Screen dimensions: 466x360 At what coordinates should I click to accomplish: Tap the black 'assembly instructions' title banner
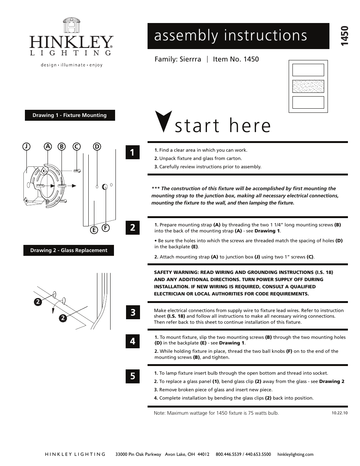click(238, 36)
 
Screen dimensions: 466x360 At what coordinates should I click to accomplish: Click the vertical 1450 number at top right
click(343, 36)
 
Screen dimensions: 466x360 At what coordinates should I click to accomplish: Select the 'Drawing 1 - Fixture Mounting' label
click(70, 115)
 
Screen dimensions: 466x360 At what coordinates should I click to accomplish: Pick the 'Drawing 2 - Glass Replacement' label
click(69, 251)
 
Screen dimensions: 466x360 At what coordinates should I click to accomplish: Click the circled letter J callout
click(26, 146)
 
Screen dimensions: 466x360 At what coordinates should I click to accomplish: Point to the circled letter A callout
click(48, 146)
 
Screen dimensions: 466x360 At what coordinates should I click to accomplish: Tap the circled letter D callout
click(97, 146)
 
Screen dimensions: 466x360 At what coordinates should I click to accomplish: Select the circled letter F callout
click(106, 228)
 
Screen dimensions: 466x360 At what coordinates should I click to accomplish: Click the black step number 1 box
click(132, 152)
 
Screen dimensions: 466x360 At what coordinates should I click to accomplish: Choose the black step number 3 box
click(132, 312)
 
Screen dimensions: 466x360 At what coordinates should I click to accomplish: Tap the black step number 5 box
click(132, 376)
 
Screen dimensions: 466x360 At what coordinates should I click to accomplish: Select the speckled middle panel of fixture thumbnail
click(308, 86)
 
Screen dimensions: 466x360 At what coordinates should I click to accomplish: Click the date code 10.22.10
click(340, 413)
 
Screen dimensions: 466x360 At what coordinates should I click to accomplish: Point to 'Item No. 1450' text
click(236, 59)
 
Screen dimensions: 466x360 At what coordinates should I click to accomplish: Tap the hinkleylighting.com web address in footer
click(295, 454)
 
